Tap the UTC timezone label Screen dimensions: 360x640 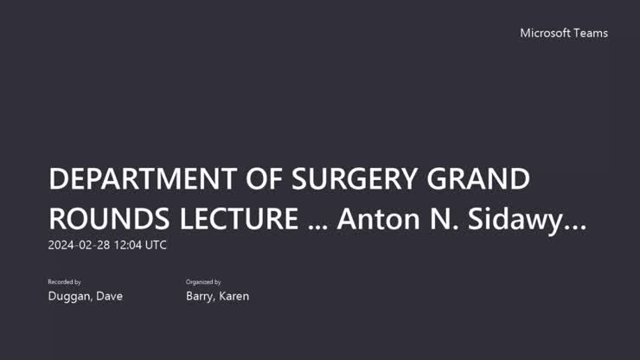pyautogui.click(x=156, y=245)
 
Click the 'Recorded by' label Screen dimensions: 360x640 pyautogui.click(x=64, y=282)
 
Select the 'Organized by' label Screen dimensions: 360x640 pyautogui.click(x=203, y=282)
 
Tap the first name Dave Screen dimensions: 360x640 pyautogui.click(x=109, y=297)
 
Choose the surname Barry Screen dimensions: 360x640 pyautogui.click(x=201, y=297)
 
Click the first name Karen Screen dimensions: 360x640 pyautogui.click(x=234, y=297)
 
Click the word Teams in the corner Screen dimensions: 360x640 pyautogui.click(x=592, y=33)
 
